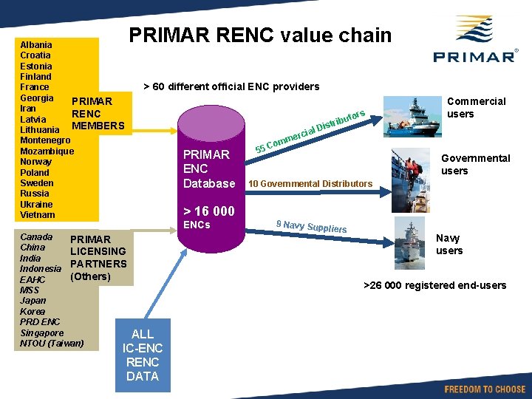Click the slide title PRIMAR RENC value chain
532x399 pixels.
pos(260,35)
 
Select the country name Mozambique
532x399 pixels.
pos(47,151)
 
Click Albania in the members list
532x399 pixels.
pos(36,44)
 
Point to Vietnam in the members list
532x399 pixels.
pos(38,214)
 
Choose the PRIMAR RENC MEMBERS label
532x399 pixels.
pos(98,113)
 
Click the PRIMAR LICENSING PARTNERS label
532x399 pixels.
pos(98,257)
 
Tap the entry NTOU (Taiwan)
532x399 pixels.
pos(52,343)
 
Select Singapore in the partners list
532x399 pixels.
pos(42,332)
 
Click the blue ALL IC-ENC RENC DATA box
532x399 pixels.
pos(143,355)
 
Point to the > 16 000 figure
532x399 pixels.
pos(209,211)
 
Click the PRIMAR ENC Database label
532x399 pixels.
pos(209,168)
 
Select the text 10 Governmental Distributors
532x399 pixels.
pos(310,183)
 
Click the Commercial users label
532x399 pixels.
pos(477,107)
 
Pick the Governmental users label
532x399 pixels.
pos(475,164)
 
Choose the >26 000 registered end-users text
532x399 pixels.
pos(435,285)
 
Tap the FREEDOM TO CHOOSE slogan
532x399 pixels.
pos(485,389)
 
